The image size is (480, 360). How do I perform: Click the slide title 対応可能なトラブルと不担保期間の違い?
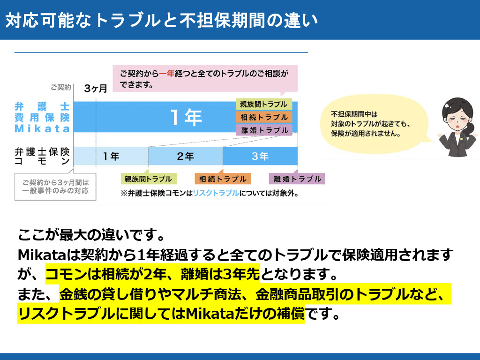click(162, 20)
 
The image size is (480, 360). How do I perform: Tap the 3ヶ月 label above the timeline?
click(96, 89)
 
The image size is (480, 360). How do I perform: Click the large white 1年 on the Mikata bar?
click(186, 117)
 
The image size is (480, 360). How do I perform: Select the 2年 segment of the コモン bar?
click(186, 156)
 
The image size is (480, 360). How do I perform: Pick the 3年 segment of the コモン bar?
click(260, 156)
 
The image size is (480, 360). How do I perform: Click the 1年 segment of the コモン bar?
click(111, 156)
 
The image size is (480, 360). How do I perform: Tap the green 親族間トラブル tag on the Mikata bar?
click(264, 104)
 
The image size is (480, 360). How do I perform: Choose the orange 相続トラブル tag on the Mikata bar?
click(264, 117)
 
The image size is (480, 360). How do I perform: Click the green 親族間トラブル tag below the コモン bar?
click(149, 179)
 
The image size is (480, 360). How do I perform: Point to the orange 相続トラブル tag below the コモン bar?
click(223, 179)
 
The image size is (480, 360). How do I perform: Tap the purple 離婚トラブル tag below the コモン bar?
click(297, 179)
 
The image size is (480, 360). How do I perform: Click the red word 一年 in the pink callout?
click(166, 74)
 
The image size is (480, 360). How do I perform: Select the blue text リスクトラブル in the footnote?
click(216, 193)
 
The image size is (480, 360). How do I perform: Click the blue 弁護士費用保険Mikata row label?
click(42, 117)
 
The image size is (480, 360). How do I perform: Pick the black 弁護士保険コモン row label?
click(42, 156)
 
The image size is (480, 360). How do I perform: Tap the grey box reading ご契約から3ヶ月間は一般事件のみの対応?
click(55, 187)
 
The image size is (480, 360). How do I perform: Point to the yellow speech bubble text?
click(370, 124)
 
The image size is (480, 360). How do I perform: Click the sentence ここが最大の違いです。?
click(91, 235)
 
